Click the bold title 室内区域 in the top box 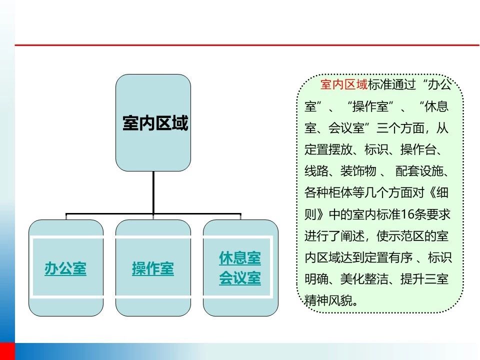click(155, 123)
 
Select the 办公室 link click(65, 268)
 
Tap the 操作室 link click(153, 268)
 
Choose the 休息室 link click(240, 258)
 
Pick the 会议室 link click(240, 278)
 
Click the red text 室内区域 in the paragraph click(344, 84)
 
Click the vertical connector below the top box click(153, 192)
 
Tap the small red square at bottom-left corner click(7, 351)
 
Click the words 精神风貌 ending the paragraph click(328, 301)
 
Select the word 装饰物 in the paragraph click(358, 171)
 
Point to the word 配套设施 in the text click(419, 171)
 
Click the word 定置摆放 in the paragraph click(328, 149)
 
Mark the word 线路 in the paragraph click(316, 171)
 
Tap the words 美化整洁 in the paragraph click(364, 279)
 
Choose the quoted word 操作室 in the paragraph click(370, 106)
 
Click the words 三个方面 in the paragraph click(400, 128)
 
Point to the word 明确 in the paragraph click(316, 279)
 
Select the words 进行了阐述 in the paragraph click(334, 236)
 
